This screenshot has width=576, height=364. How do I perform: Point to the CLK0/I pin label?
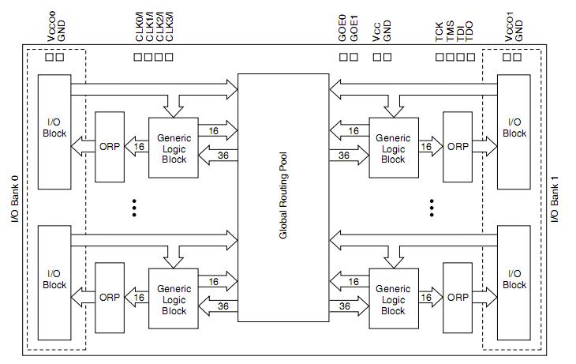[x=139, y=26]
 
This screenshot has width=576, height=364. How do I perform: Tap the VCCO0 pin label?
[x=51, y=25]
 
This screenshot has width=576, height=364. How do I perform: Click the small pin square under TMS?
[x=450, y=57]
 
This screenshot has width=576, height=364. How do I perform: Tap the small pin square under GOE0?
[x=344, y=57]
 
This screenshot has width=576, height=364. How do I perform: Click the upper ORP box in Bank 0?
[x=110, y=146]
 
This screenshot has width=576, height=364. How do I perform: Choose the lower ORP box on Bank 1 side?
[x=458, y=298]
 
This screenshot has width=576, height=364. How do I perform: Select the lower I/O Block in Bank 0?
[x=54, y=279]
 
